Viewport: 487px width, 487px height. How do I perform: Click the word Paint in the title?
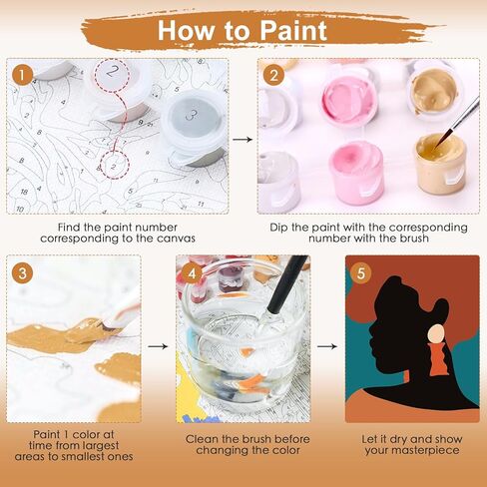(293, 31)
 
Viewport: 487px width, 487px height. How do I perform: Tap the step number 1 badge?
(22, 75)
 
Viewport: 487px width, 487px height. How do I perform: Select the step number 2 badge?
(273, 75)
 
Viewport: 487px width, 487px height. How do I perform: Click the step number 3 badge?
(22, 272)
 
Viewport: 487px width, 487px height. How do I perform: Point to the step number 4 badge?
(192, 273)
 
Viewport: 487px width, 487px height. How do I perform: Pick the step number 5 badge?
(361, 273)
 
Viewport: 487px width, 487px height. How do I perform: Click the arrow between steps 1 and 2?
(243, 140)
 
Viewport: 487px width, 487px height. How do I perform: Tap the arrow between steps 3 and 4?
(158, 346)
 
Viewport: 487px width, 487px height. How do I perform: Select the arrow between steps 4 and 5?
(327, 346)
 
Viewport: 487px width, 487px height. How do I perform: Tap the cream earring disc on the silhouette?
(436, 334)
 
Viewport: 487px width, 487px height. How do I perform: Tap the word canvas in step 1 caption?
(176, 239)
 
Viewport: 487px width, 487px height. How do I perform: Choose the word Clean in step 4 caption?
(201, 439)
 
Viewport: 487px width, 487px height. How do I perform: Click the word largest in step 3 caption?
(98, 445)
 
